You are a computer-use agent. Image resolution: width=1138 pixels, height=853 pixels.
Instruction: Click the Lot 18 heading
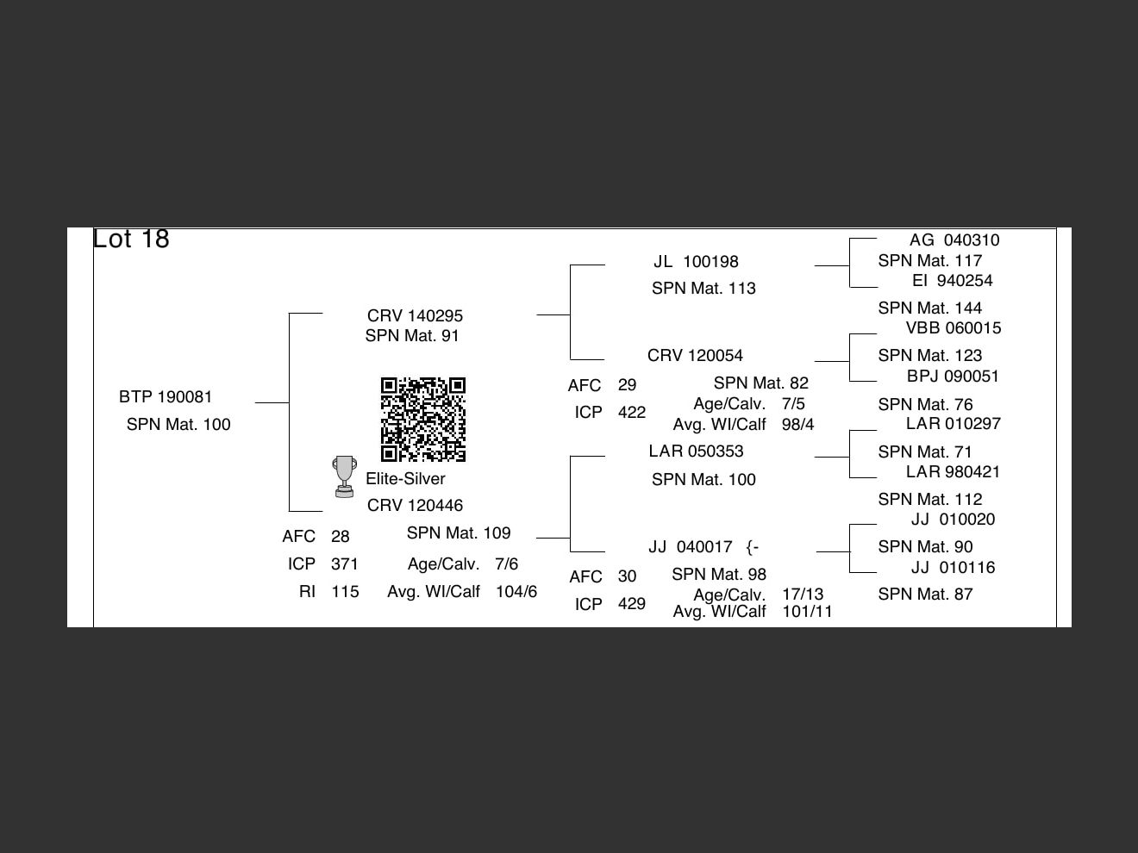(x=131, y=239)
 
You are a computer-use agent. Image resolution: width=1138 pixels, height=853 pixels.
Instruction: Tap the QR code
(x=423, y=419)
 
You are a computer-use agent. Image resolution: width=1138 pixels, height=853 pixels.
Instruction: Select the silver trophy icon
(x=344, y=476)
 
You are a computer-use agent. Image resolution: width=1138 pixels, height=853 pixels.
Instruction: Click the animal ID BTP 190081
(x=166, y=397)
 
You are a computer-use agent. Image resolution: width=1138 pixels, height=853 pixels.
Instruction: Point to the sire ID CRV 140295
(x=415, y=316)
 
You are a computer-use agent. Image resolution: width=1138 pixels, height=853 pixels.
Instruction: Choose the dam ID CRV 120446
(x=415, y=506)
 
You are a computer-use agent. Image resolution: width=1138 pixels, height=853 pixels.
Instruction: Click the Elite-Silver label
(x=405, y=479)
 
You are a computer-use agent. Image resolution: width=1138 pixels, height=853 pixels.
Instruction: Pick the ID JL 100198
(x=696, y=262)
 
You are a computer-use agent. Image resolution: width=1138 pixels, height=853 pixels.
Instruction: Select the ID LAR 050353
(x=696, y=451)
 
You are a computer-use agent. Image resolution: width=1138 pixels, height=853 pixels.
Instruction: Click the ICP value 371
(x=344, y=564)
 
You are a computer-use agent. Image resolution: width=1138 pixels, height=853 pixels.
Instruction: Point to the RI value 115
(x=345, y=592)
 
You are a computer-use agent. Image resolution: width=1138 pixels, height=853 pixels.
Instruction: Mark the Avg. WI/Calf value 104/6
(x=516, y=592)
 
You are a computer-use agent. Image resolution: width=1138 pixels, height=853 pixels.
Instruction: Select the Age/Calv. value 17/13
(x=803, y=595)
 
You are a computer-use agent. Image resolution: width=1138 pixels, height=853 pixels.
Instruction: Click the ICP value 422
(x=631, y=413)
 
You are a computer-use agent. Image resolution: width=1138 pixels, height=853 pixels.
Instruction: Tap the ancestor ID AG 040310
(x=954, y=240)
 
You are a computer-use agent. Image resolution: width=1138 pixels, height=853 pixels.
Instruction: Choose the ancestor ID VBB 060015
(x=954, y=328)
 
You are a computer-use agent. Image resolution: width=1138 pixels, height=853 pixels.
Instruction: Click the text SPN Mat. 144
(x=929, y=308)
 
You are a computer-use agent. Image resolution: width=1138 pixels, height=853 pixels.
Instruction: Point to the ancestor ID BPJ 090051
(x=953, y=377)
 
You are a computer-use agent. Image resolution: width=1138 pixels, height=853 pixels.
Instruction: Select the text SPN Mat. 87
(x=925, y=595)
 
